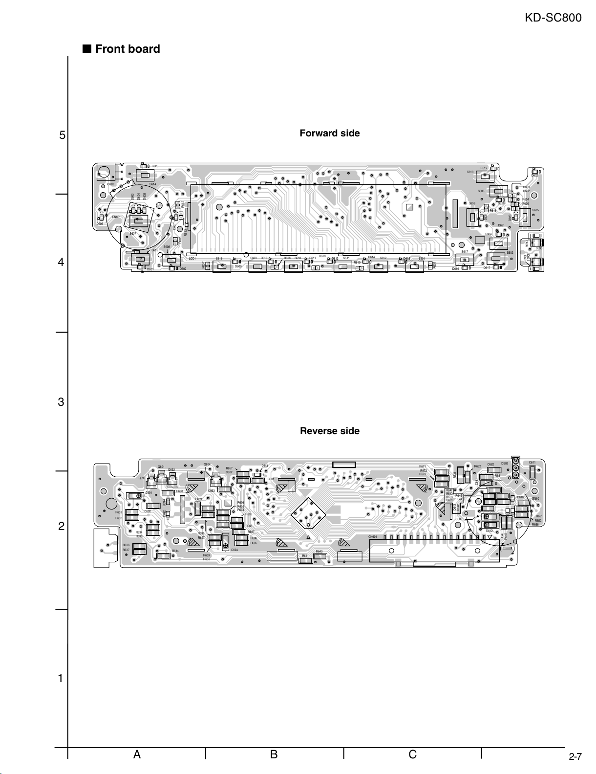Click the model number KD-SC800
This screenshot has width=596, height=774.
coord(553,18)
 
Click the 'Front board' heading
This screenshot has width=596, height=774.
coord(127,49)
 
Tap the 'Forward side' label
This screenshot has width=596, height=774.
coord(330,133)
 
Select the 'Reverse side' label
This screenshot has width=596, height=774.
coord(330,431)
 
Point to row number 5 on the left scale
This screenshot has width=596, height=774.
coord(62,135)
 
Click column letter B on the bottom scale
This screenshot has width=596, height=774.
coord(274,754)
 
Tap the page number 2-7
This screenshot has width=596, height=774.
coord(575,757)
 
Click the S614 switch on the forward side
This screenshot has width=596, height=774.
coord(145,176)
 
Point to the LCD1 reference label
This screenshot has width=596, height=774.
coord(192,259)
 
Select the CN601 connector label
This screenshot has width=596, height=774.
coord(373,537)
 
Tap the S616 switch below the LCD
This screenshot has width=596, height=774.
coord(222,266)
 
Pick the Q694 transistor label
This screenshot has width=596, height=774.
coord(207,464)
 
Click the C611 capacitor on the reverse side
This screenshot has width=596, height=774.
coord(533,472)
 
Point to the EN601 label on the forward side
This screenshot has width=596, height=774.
coord(116,217)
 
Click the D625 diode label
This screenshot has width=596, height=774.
coord(155,166)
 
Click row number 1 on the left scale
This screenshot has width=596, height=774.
coord(61,678)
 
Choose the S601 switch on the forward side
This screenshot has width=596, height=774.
coord(414,266)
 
